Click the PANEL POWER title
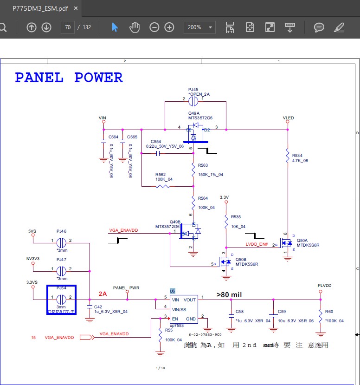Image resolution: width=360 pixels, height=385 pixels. pos(69,78)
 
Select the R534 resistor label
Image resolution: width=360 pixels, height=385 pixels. pos(297,156)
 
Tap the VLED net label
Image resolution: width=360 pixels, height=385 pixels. pos(288,118)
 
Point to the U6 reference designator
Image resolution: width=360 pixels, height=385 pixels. pos(173,291)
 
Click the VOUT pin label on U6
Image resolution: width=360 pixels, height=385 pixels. pos(189,300)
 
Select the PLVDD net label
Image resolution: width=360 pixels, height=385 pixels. pos(325,285)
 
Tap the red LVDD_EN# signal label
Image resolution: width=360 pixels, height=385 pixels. pos(257,244)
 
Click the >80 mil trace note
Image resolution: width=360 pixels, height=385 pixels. pos(229,294)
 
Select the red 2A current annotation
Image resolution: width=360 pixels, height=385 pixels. pos(103,294)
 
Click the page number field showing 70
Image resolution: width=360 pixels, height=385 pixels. pos(68,27)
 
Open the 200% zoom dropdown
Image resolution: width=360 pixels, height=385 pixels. pos(199,27)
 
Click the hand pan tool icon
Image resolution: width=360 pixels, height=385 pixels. pos(135,27)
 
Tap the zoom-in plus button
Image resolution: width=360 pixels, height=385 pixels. pos(169,27)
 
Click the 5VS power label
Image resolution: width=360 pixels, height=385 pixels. pos(32,231)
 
